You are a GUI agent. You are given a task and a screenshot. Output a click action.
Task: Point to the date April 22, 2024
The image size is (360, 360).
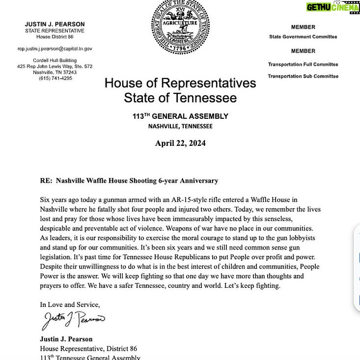click(180, 143)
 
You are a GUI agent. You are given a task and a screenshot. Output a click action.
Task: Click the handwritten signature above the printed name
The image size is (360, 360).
click(73, 320)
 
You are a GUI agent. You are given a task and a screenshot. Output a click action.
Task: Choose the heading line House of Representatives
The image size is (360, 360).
click(180, 83)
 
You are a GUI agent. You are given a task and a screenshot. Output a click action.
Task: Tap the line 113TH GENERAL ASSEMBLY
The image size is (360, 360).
click(180, 116)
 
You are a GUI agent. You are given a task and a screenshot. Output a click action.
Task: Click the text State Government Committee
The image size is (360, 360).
click(303, 37)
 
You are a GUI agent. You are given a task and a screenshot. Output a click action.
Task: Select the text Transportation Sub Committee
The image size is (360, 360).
click(303, 76)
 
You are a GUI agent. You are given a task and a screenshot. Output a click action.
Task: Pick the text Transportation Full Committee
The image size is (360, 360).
click(303, 64)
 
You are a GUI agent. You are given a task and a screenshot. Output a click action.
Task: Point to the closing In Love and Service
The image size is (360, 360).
click(70, 305)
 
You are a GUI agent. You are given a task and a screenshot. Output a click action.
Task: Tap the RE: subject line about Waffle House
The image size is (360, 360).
click(129, 181)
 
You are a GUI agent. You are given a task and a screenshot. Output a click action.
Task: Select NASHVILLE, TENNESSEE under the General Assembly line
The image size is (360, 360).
click(180, 126)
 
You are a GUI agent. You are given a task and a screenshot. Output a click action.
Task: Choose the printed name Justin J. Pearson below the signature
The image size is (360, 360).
click(66, 339)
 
